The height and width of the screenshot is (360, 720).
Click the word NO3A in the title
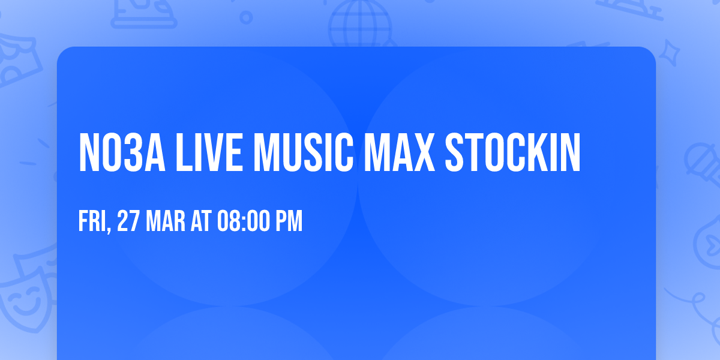[x=121, y=154]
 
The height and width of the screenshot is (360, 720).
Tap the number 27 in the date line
[x=128, y=221]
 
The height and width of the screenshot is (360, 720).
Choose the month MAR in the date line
[x=160, y=221]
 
